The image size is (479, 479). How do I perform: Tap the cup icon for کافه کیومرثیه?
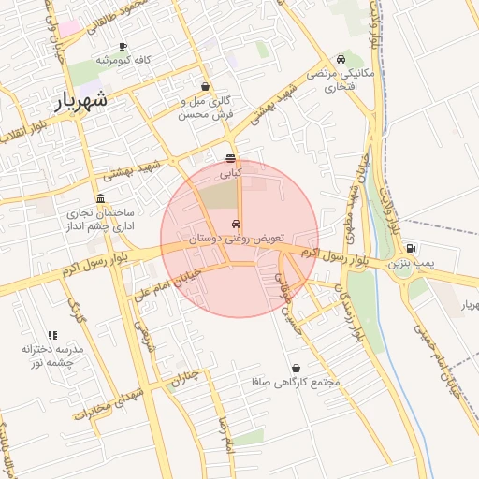pyautogui.click(x=123, y=46)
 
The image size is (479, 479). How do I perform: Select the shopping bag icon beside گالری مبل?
pyautogui.click(x=205, y=86)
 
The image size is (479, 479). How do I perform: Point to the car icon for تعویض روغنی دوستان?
pyautogui.click(x=236, y=225)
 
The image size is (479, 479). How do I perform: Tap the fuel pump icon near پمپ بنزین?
pyautogui.click(x=411, y=248)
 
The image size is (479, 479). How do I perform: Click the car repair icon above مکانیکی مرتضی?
pyautogui.click(x=348, y=58)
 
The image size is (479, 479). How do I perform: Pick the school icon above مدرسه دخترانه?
pyautogui.click(x=52, y=334)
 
